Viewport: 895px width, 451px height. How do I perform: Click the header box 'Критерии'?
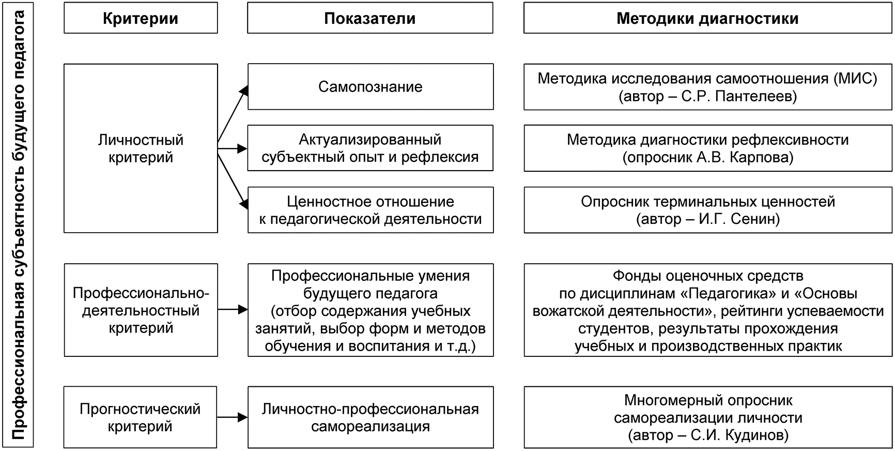click(141, 19)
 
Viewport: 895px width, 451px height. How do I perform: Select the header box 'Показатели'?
click(370, 19)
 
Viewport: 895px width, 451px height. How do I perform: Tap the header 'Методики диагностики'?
click(707, 19)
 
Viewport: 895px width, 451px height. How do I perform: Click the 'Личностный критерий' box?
click(141, 148)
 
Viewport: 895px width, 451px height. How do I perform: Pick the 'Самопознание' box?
click(370, 86)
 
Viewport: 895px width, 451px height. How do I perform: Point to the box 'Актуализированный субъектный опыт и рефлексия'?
click(370, 148)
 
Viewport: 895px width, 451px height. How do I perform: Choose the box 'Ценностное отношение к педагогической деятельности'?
click(370, 210)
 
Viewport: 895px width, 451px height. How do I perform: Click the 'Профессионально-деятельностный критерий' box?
click(141, 310)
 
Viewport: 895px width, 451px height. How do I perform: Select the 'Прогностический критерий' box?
click(141, 417)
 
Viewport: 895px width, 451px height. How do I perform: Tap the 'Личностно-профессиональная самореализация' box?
click(370, 417)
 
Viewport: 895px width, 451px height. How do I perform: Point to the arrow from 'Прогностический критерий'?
click(233, 417)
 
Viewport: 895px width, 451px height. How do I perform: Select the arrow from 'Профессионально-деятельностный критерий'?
click(233, 310)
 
